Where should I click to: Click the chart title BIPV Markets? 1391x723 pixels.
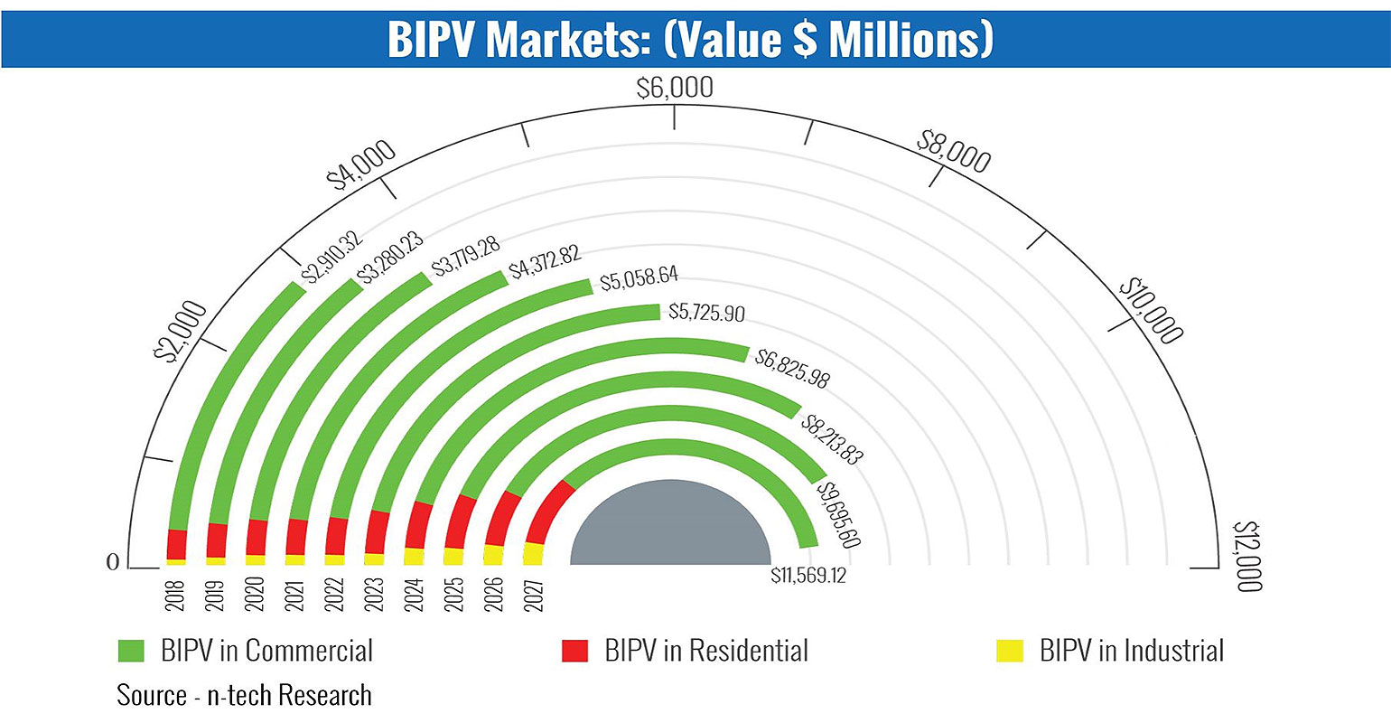(x=690, y=39)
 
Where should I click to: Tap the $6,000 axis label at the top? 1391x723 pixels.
(x=674, y=89)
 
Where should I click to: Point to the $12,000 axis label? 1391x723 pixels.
(x=1246, y=555)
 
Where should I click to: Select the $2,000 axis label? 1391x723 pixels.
(x=181, y=332)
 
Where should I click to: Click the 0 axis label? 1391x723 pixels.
(x=113, y=562)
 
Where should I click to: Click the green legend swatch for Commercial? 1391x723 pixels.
(x=131, y=651)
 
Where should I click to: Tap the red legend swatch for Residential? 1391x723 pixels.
(x=574, y=651)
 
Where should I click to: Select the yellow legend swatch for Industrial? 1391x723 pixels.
(x=1009, y=651)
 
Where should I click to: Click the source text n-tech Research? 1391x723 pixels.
(x=244, y=695)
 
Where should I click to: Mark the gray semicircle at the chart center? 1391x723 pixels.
(x=670, y=529)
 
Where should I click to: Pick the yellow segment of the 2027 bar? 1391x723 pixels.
(x=534, y=553)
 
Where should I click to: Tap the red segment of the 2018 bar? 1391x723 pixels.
(x=177, y=544)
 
